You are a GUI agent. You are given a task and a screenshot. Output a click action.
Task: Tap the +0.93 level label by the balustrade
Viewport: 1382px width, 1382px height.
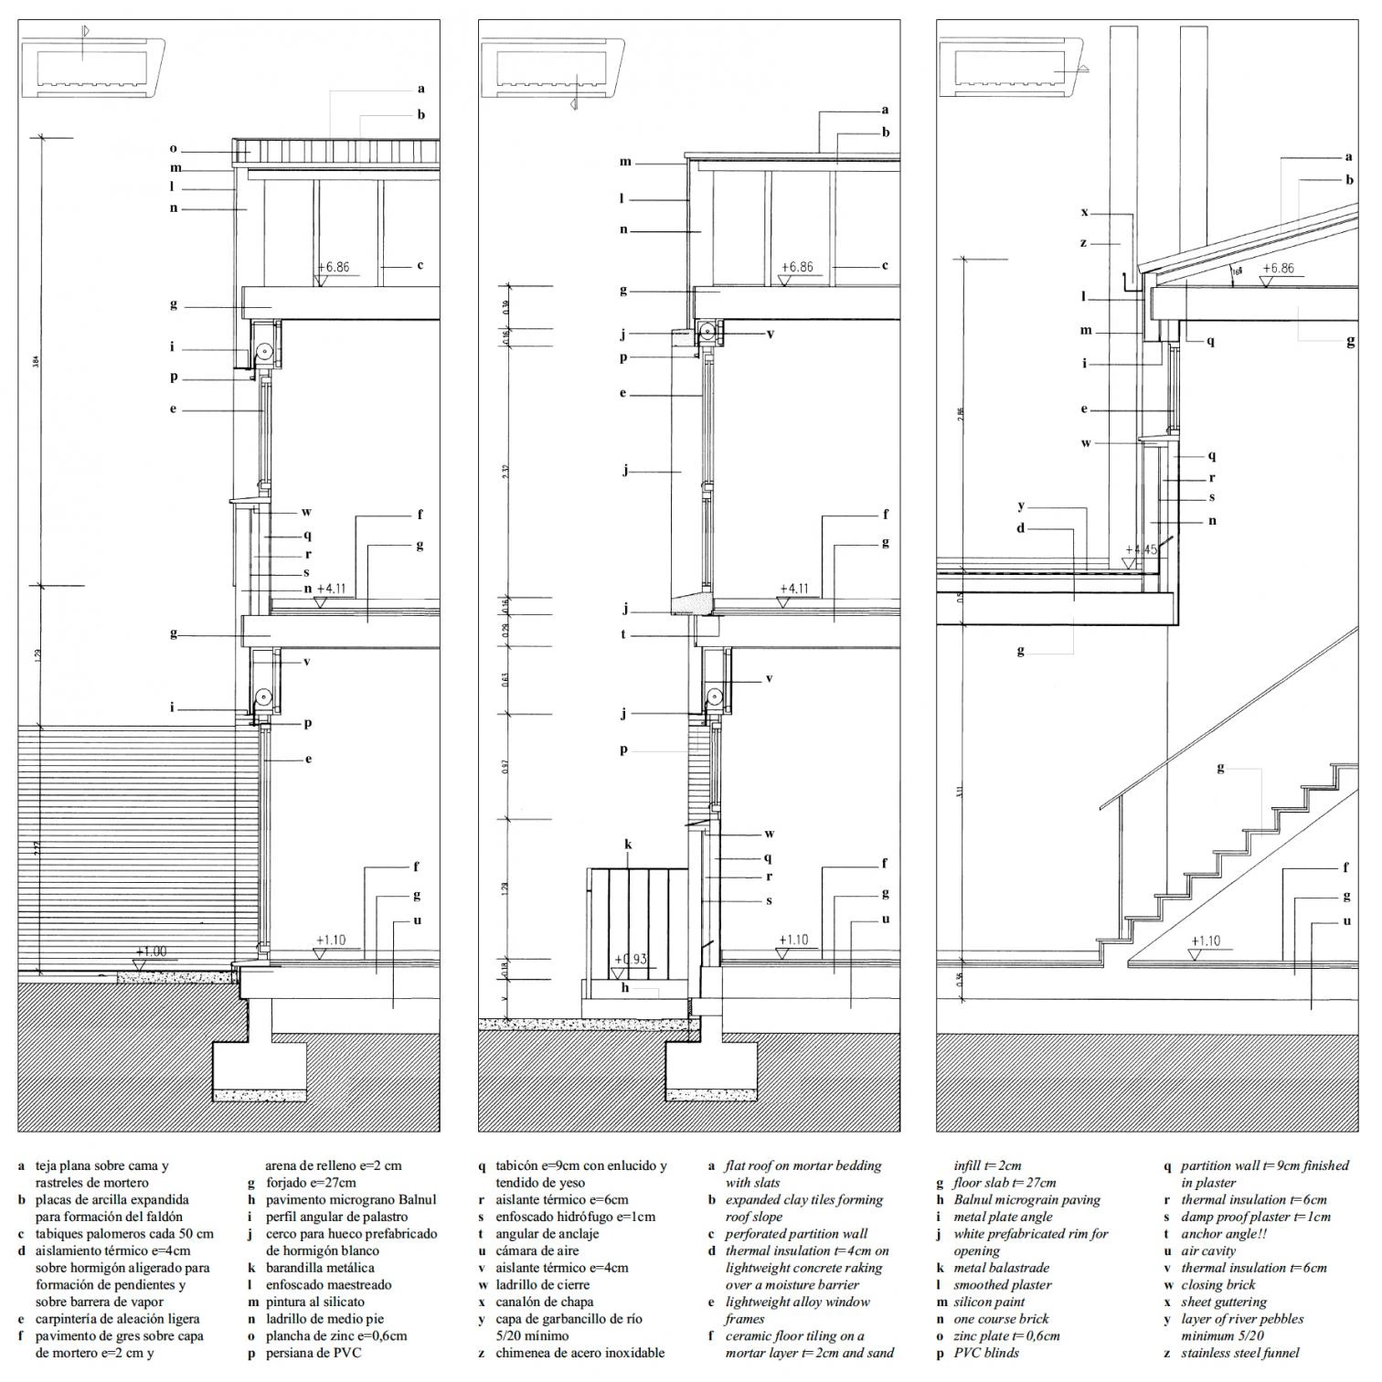point(632,959)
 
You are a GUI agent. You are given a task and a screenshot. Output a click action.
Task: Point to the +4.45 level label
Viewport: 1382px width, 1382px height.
point(1142,549)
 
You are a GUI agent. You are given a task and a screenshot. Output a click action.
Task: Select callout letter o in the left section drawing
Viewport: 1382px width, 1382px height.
point(173,148)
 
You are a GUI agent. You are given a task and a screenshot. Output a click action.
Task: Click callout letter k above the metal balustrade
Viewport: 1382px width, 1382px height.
point(628,845)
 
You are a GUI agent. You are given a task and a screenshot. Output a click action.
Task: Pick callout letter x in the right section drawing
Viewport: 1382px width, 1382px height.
point(1085,212)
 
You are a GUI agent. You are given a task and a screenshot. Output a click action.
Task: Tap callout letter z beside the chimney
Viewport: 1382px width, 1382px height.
point(1083,242)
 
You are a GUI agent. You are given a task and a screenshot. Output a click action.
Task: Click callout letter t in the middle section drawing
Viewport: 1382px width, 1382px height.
point(623,633)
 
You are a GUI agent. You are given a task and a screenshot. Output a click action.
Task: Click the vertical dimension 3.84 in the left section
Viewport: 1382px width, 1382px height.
point(37,361)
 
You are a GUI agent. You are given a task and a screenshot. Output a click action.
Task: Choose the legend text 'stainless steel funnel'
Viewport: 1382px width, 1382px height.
point(1239,1353)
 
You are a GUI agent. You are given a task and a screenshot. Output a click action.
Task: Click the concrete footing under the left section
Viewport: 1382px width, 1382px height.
point(260,1068)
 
